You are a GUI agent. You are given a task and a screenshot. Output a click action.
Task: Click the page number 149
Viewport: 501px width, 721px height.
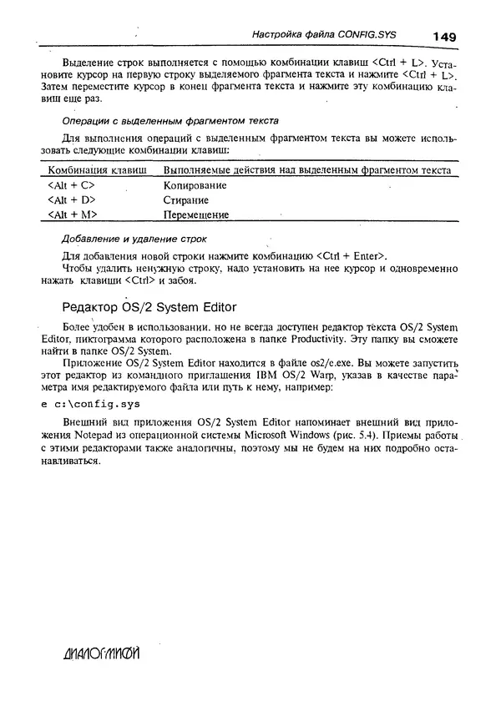[444, 36]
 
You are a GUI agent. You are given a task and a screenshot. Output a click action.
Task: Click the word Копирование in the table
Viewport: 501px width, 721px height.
[195, 185]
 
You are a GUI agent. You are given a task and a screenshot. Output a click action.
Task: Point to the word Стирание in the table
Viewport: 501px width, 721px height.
[185, 200]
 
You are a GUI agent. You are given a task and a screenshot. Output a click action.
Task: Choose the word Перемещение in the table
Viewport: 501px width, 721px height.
[196, 214]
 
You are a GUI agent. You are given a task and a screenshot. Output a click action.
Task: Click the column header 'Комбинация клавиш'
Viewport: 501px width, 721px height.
[95, 170]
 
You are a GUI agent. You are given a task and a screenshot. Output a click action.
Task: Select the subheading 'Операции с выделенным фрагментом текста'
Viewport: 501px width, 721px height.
[159, 121]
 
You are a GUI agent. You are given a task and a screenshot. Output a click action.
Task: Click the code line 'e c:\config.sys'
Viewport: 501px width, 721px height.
[90, 404]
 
